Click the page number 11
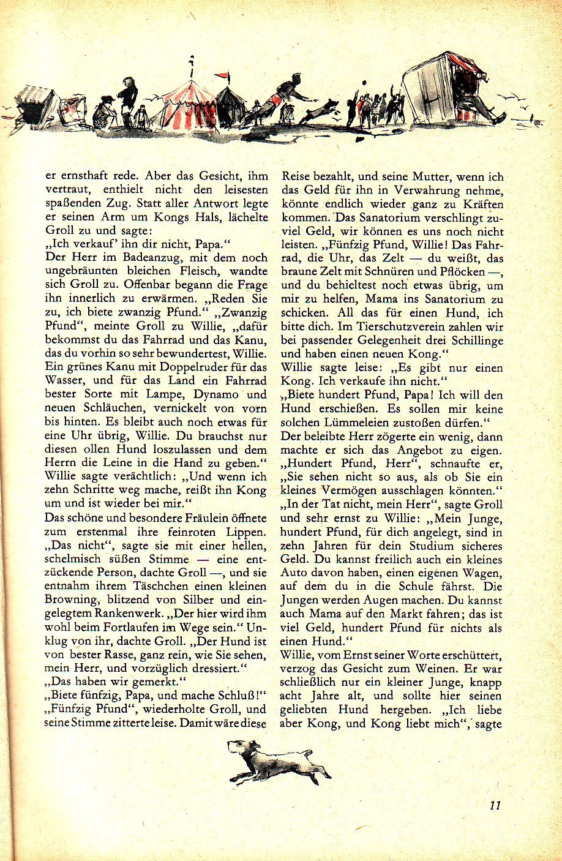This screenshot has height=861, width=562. (x=495, y=805)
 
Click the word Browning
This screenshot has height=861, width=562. (x=71, y=600)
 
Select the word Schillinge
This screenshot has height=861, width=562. (x=474, y=340)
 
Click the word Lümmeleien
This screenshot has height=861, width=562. (x=346, y=423)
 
